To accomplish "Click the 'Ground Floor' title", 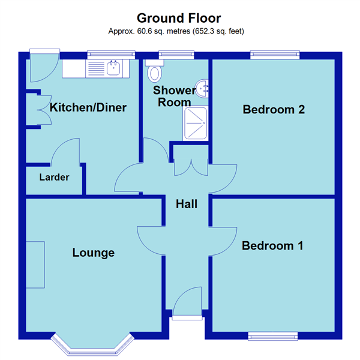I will point(179,17).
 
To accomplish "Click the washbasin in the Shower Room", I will point(203,89).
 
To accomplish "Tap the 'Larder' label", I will point(54,178).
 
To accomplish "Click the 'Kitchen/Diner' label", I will point(88,108).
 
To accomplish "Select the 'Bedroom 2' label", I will point(274,110).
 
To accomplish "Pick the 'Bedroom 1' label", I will point(272,245).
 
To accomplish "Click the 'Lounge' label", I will point(93,253).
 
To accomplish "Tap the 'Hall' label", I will point(187,204).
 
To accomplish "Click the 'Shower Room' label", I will point(175,96).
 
